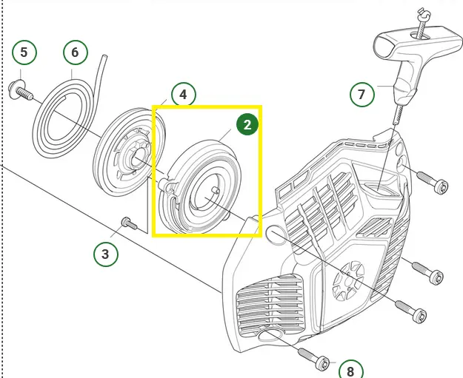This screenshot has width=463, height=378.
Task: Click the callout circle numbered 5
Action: click(24, 53)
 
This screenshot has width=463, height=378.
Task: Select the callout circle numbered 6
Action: click(76, 53)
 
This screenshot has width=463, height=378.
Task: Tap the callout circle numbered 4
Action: click(184, 95)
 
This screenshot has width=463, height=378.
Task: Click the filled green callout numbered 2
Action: click(247, 125)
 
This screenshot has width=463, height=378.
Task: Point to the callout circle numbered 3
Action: click(106, 254)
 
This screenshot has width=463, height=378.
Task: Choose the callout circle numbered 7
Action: click(362, 95)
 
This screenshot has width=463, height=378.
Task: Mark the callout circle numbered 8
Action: click(350, 370)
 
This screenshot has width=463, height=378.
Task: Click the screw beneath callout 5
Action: click(21, 90)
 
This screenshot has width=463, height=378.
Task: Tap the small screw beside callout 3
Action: click(129, 223)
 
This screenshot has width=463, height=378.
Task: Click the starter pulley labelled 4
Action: click(129, 152)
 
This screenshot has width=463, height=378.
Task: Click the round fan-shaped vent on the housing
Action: click(348, 281)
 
